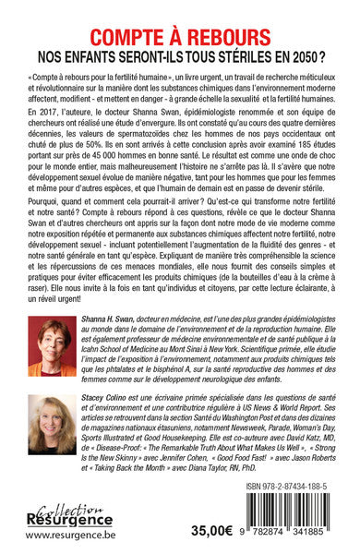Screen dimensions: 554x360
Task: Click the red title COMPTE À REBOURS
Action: click(x=180, y=19)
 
